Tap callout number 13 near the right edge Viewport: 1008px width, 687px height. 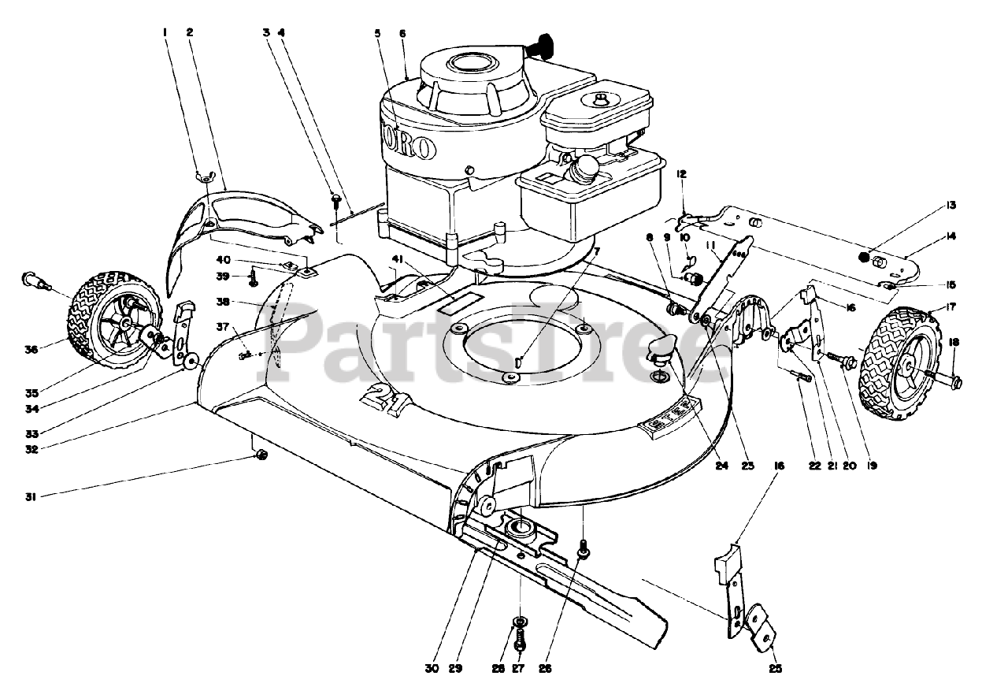pos(952,206)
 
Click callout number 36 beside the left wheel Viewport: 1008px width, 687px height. pos(31,348)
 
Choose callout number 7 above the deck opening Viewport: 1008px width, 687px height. pos(597,251)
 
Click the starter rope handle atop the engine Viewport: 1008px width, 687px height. pos(541,46)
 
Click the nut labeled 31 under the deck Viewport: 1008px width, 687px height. pos(262,455)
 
